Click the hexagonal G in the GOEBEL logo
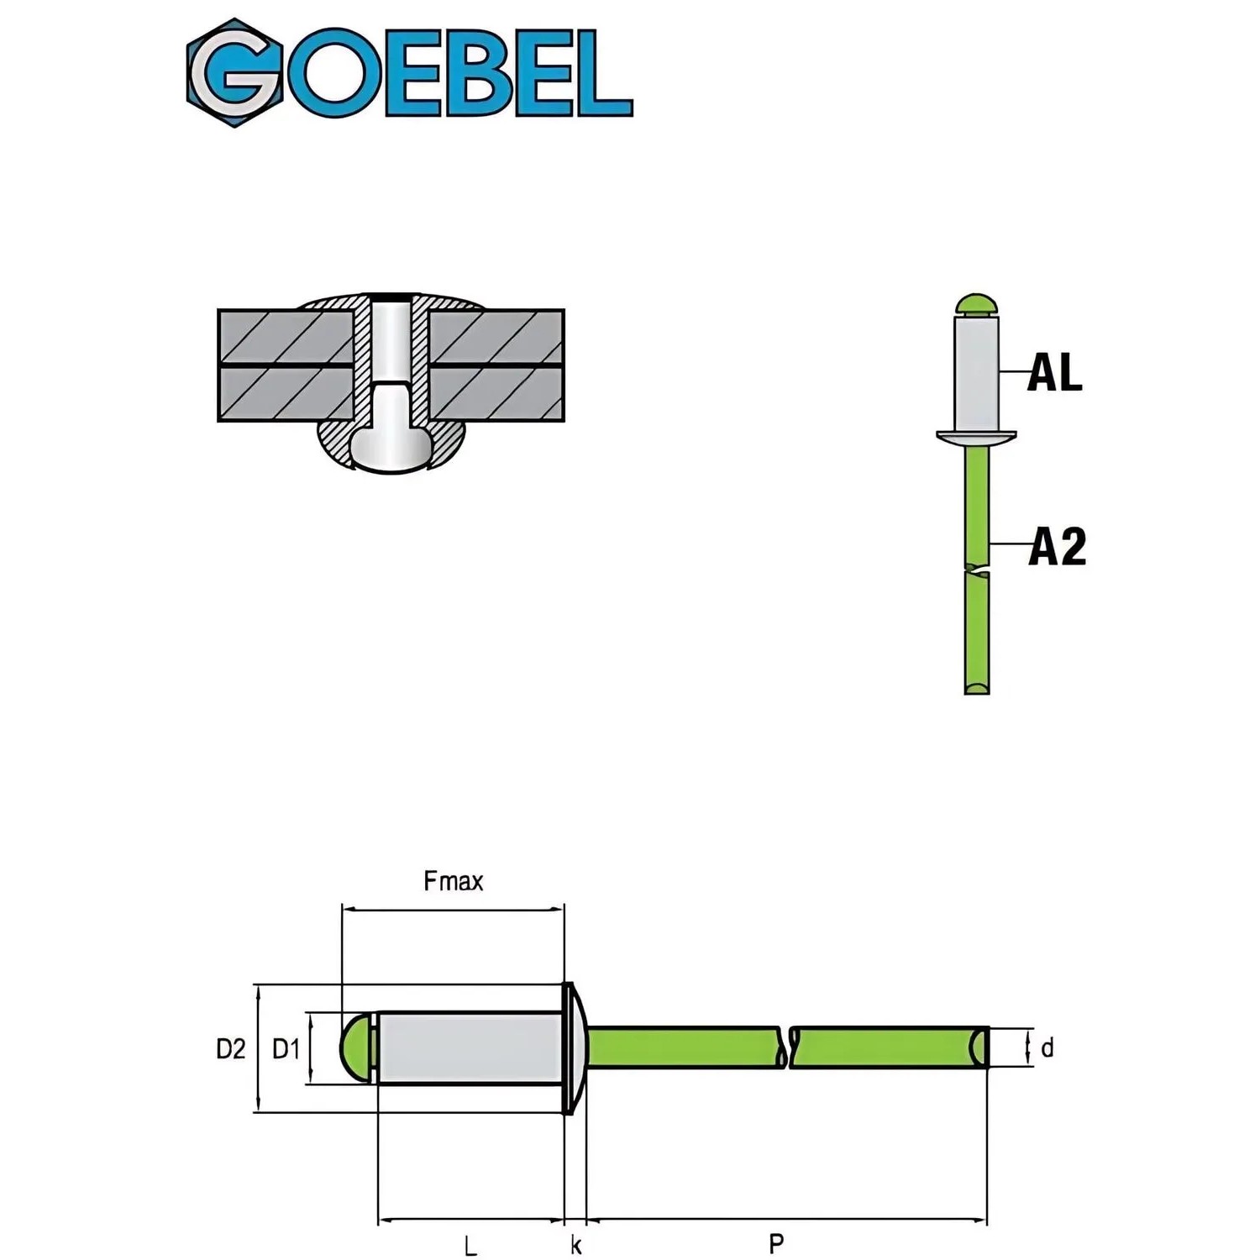click(x=234, y=73)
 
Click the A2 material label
click(x=1057, y=546)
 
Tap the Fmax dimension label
click(x=454, y=881)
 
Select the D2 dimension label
click(x=231, y=1048)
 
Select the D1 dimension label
click(x=286, y=1048)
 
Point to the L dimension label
click(x=470, y=1245)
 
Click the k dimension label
click(x=576, y=1245)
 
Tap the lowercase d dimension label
click(x=1047, y=1048)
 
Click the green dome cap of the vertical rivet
click(x=976, y=303)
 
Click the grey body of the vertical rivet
click(x=976, y=374)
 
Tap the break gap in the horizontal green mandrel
click(x=788, y=1047)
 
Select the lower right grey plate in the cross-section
click(x=496, y=394)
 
